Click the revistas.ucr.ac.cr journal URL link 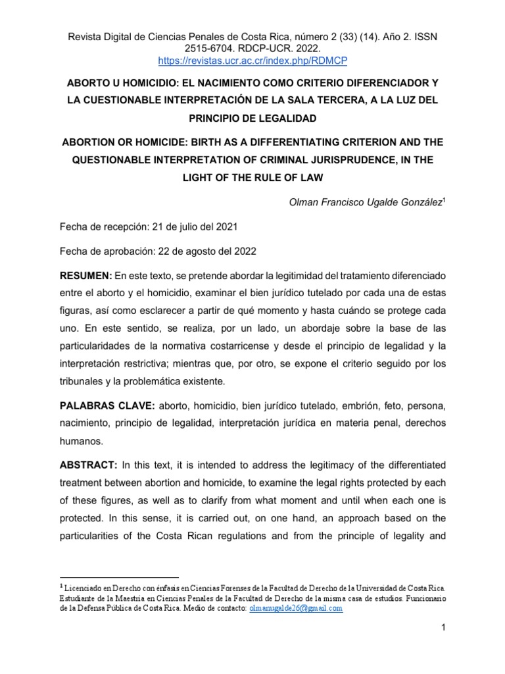(252, 61)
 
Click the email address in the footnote (295, 609)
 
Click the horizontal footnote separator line (119, 577)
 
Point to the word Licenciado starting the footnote (83, 586)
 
